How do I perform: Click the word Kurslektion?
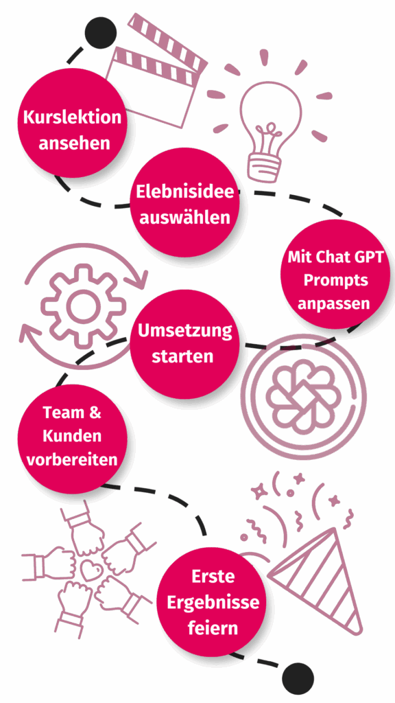72,117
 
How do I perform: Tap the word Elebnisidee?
185,192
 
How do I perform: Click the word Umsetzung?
185,332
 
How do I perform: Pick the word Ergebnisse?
213,601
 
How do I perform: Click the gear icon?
84,307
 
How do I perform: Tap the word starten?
182,357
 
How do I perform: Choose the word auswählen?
185,218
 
